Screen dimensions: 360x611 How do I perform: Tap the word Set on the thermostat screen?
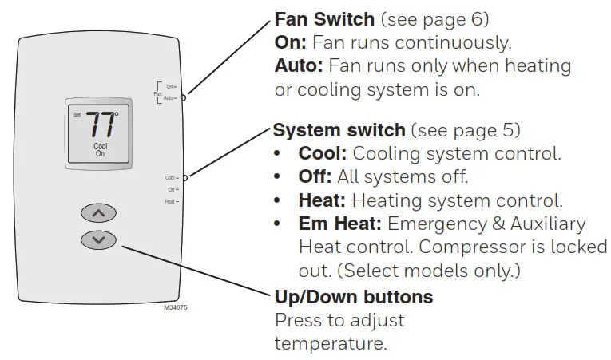click(77, 115)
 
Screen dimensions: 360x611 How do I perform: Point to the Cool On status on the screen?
click(100, 150)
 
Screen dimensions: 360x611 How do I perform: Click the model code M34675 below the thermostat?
click(176, 307)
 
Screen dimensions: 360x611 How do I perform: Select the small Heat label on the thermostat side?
click(169, 202)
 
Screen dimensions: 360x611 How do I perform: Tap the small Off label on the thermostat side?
click(171, 189)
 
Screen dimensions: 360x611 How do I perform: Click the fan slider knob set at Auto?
click(184, 97)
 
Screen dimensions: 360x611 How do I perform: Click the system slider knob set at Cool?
click(184, 177)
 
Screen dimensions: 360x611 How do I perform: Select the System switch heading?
click(339, 129)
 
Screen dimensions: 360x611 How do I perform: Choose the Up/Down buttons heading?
click(354, 297)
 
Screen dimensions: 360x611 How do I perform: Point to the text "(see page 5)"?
click(465, 129)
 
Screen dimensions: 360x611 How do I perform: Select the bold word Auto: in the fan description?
click(299, 65)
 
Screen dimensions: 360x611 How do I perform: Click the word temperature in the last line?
click(331, 344)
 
